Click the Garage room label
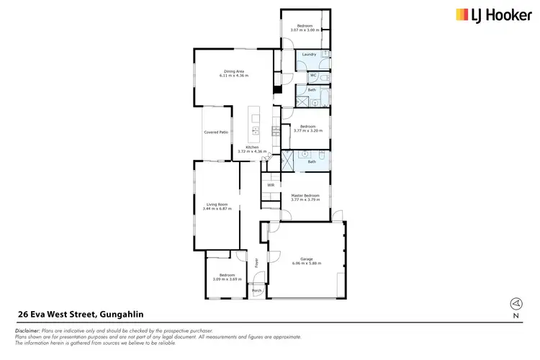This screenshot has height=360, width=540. point(306,259)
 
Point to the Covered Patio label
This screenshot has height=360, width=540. point(216,132)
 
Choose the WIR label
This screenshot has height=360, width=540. point(271,185)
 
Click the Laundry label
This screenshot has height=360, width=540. point(310,55)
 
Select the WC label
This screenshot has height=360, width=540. point(313,75)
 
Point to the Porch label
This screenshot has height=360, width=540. point(256,290)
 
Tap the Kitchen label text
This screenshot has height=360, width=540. point(252,147)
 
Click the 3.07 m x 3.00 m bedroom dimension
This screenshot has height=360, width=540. point(306,30)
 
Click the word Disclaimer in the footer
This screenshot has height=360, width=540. point(27,330)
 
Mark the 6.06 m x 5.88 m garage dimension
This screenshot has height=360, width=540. point(306,264)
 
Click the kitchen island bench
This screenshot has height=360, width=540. point(255,124)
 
